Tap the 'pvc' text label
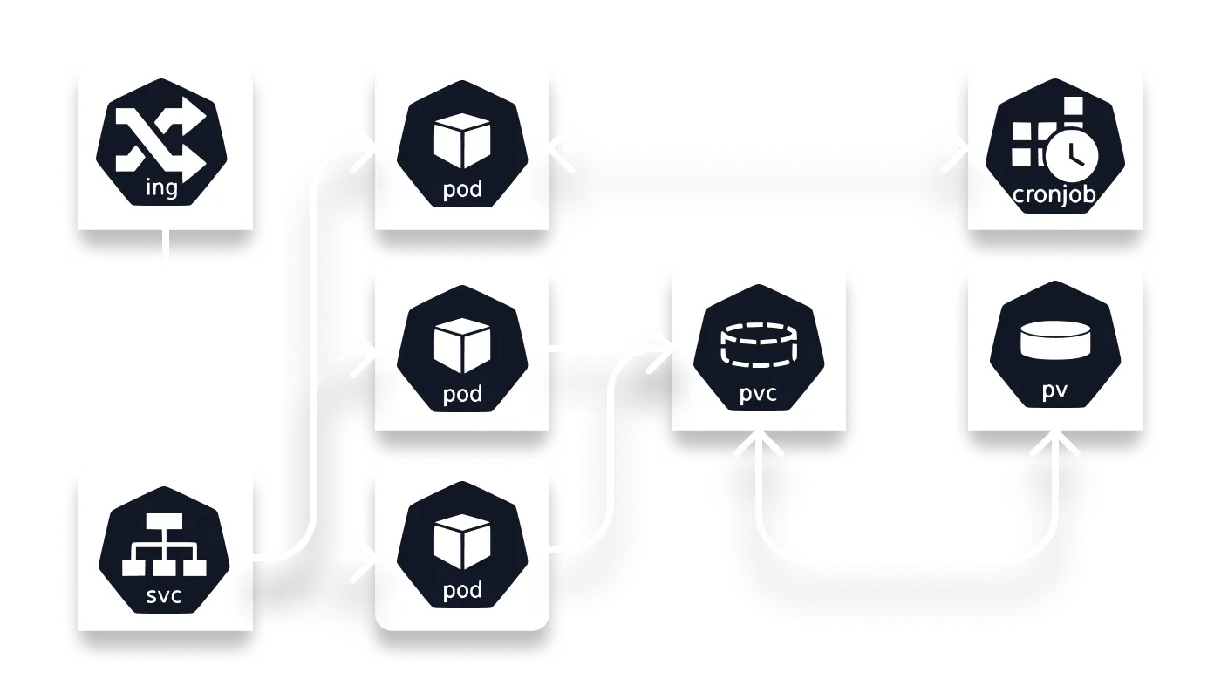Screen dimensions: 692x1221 [x=758, y=397]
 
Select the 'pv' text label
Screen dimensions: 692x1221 [x=1054, y=391]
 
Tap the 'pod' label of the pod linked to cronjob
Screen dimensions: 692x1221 [x=462, y=190]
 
